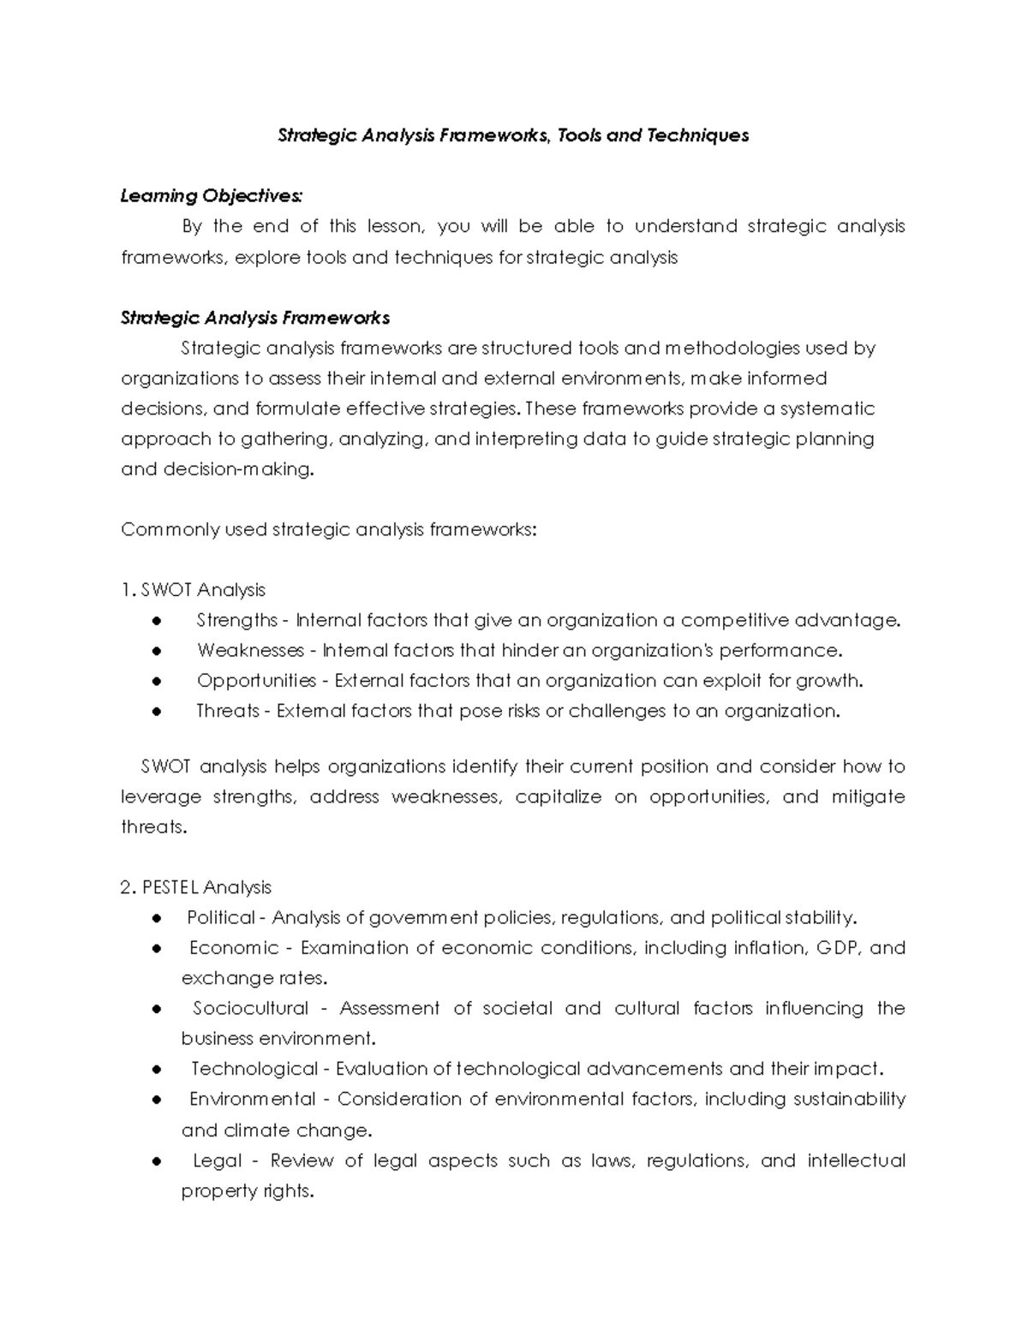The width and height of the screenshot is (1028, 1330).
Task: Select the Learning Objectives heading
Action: click(x=211, y=196)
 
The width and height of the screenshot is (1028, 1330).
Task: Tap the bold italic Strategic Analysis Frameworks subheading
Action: click(x=255, y=318)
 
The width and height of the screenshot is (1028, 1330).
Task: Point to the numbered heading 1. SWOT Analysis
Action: click(x=194, y=590)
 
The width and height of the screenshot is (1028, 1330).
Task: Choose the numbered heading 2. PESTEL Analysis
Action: click(x=196, y=887)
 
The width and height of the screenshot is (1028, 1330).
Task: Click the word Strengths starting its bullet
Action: click(x=237, y=620)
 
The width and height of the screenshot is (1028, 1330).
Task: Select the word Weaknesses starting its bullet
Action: click(x=250, y=650)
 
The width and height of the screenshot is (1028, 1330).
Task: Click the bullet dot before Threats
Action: click(x=156, y=712)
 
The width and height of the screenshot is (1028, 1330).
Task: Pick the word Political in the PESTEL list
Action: click(x=221, y=918)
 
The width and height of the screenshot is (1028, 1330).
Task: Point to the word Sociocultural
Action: click(x=250, y=1009)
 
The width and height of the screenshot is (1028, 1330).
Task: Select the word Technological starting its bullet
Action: click(x=254, y=1069)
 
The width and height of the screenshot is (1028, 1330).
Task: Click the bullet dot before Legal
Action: click(x=156, y=1162)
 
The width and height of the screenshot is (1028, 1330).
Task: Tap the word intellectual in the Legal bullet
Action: click(x=856, y=1160)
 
